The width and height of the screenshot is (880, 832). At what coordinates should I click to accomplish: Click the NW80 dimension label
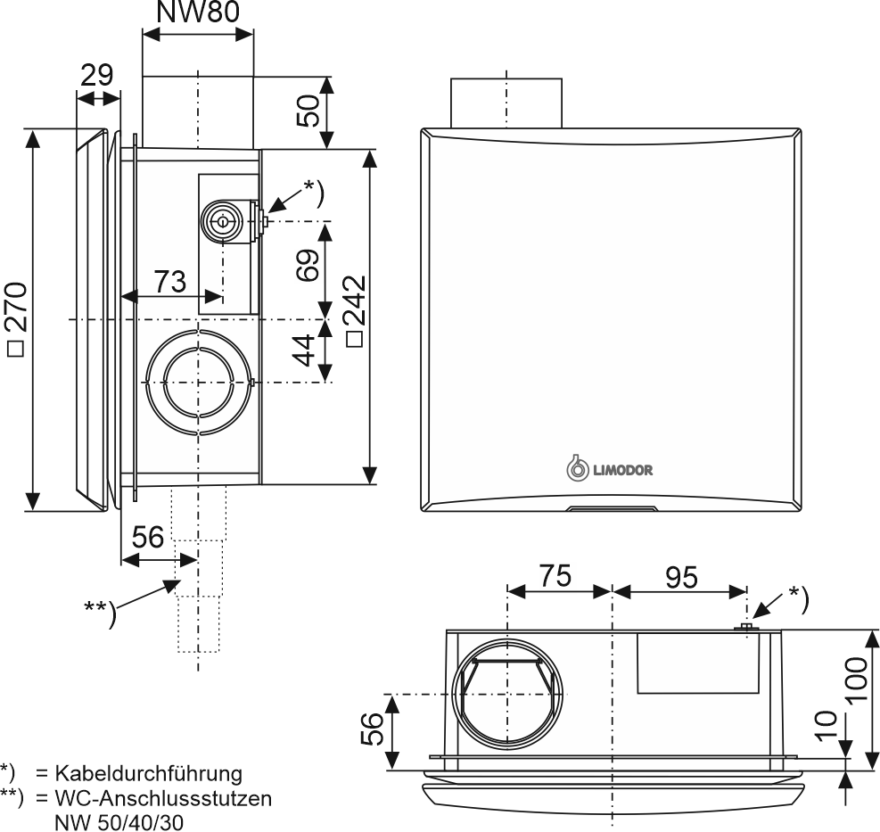(x=198, y=12)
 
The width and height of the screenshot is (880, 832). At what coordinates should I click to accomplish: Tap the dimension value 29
(x=96, y=75)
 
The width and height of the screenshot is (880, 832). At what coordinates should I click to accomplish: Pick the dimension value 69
(x=308, y=265)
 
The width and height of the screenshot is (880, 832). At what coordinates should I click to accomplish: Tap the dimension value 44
(x=306, y=350)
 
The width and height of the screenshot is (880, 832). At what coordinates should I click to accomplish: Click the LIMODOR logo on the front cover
(x=610, y=469)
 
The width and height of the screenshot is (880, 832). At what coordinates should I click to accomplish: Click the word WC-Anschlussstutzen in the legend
(x=163, y=797)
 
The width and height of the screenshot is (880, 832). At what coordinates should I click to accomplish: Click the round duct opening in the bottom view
(x=508, y=695)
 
